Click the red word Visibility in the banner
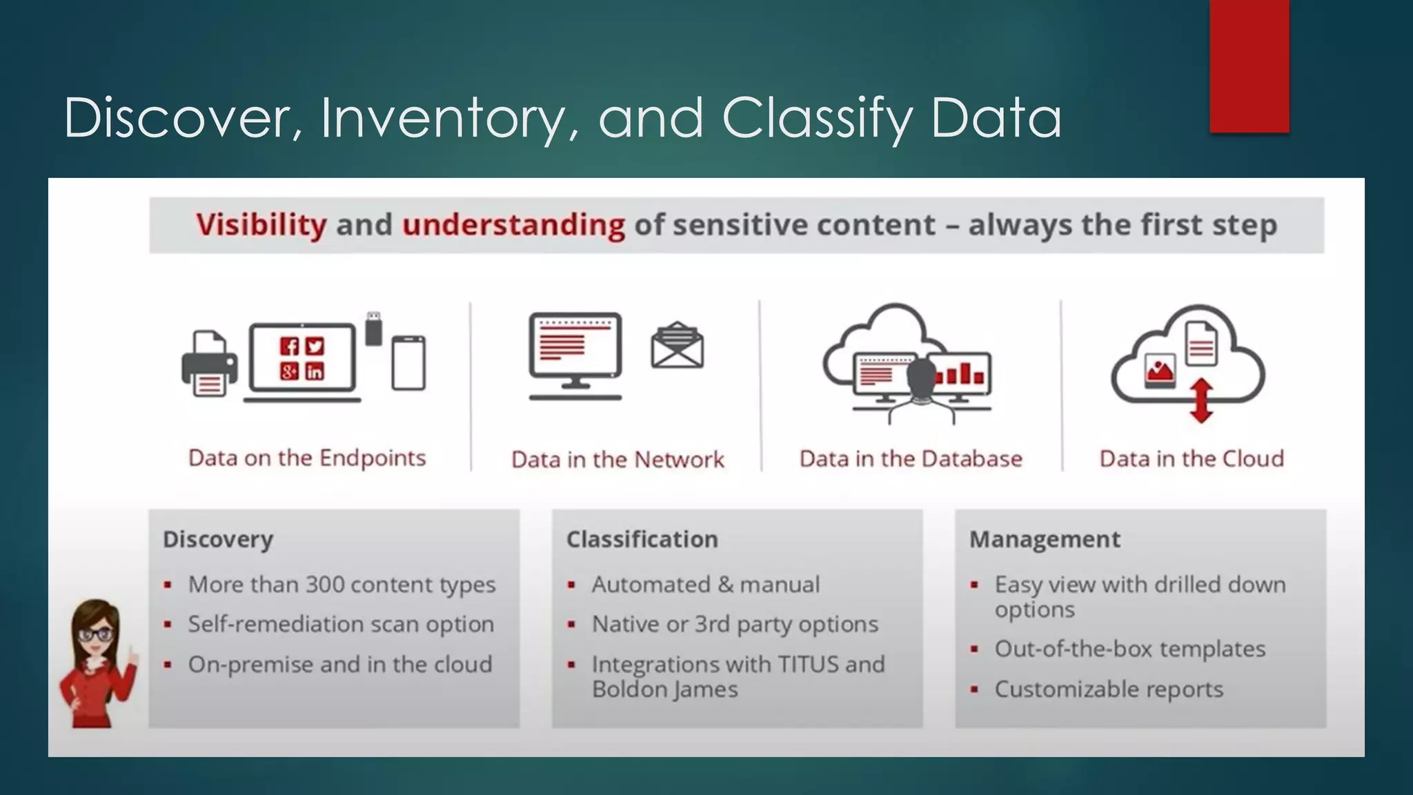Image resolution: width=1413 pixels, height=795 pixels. point(261,225)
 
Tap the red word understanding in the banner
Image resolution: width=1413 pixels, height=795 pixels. point(513,225)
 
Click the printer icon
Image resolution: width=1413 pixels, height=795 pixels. point(209,364)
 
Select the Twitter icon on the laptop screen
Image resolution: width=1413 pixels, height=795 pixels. point(315,346)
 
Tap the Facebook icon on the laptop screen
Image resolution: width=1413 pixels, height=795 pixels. point(289,346)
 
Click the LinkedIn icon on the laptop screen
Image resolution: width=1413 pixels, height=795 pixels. point(315,372)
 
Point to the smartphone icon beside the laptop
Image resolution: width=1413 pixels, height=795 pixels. point(408,363)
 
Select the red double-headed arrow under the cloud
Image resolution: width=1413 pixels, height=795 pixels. point(1201,400)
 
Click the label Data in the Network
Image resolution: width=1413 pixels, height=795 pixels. point(617,460)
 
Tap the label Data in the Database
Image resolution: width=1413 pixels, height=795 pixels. point(910,459)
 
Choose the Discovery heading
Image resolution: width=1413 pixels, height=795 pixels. point(218,539)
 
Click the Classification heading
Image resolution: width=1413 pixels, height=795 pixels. point(642,539)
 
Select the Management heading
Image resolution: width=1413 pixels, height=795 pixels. point(1045,539)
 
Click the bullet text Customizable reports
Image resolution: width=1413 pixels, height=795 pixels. point(1108,689)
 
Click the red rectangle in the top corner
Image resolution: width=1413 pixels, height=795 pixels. point(1249,66)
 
